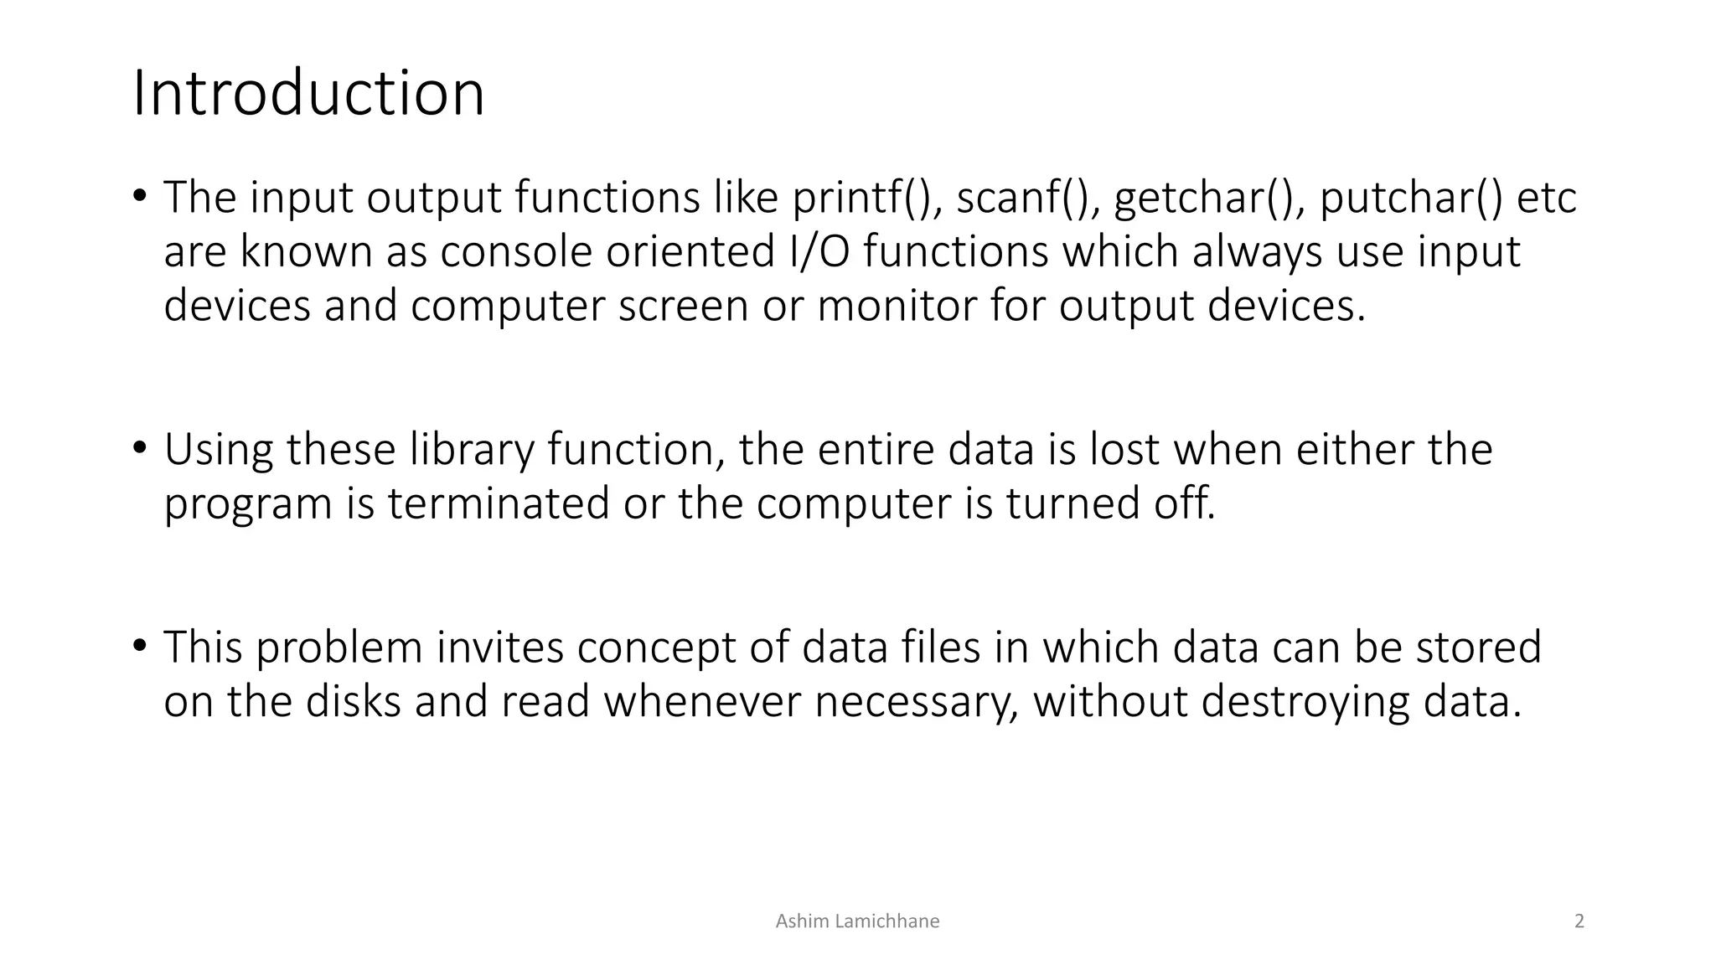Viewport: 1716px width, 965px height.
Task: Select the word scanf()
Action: pos(1028,198)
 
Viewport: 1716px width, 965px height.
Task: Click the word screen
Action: pos(683,305)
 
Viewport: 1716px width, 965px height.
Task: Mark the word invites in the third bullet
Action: pos(500,647)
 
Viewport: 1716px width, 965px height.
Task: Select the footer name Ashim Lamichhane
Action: pos(857,921)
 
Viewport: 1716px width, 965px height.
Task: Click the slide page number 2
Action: pos(1579,921)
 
